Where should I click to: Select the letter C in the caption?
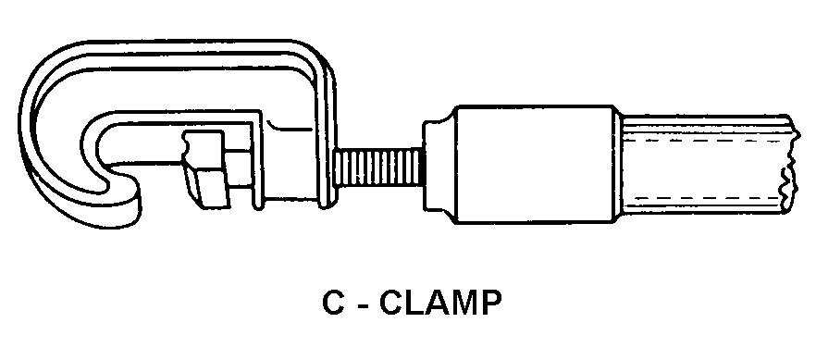click(333, 303)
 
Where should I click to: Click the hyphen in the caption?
click(361, 304)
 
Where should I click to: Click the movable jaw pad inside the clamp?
click(204, 168)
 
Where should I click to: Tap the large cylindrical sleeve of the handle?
click(536, 165)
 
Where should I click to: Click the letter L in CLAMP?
click(414, 303)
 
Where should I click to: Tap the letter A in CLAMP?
click(436, 303)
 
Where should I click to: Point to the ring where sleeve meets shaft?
click(620, 165)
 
